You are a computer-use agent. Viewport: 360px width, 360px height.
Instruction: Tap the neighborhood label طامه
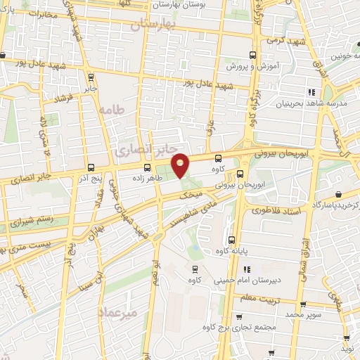111,110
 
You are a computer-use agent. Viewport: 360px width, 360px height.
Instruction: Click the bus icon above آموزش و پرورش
254,53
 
